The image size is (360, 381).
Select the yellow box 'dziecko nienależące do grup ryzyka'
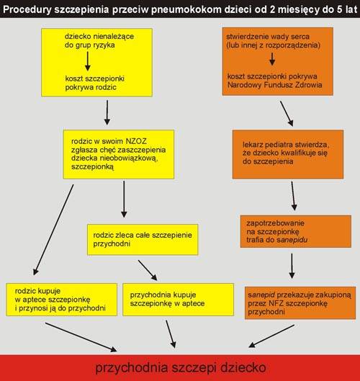pyautogui.click(x=97, y=62)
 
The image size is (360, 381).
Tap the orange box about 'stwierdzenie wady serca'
pyautogui.click(x=278, y=61)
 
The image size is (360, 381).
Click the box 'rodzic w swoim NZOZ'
pyautogui.click(x=119, y=154)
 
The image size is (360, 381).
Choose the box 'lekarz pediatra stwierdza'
pyautogui.click(x=288, y=154)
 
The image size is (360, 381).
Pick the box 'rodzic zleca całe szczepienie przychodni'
pyautogui.click(x=143, y=240)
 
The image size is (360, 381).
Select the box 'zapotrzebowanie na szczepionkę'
pyautogui.click(x=296, y=231)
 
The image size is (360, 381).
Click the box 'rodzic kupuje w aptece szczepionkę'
pyautogui.click(x=62, y=300)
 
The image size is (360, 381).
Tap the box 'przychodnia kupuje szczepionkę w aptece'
pyautogui.click(x=179, y=300)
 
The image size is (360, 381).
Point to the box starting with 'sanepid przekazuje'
pyautogui.click(x=300, y=302)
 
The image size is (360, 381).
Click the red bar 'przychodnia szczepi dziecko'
pyautogui.click(x=180, y=367)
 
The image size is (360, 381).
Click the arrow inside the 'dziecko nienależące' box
pyautogui.click(x=88, y=61)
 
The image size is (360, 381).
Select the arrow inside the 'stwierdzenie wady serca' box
pyautogui.click(x=272, y=59)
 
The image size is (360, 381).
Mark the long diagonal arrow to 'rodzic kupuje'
pyautogui.click(x=53, y=230)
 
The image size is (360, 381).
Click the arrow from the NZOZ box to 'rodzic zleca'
pyautogui.click(x=124, y=200)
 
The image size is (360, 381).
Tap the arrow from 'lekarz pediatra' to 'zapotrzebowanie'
pyautogui.click(x=293, y=196)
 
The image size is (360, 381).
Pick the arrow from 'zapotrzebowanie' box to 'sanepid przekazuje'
pyautogui.click(x=292, y=266)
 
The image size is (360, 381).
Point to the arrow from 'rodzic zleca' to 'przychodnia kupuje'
pyautogui.click(x=148, y=270)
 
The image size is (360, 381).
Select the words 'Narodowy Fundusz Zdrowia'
pyautogui.click(x=275, y=85)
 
